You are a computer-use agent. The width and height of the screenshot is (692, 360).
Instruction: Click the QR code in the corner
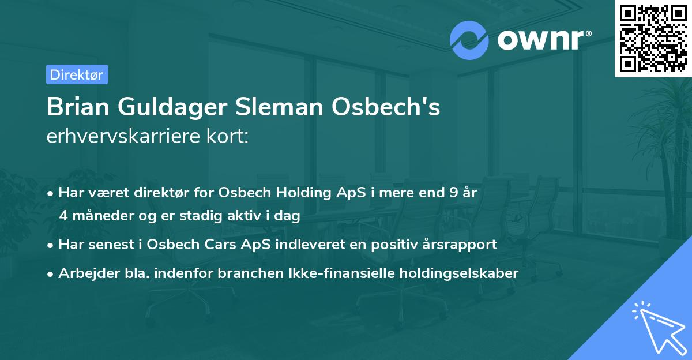pos(653,38)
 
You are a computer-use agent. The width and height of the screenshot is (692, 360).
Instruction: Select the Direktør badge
pos(77,74)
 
